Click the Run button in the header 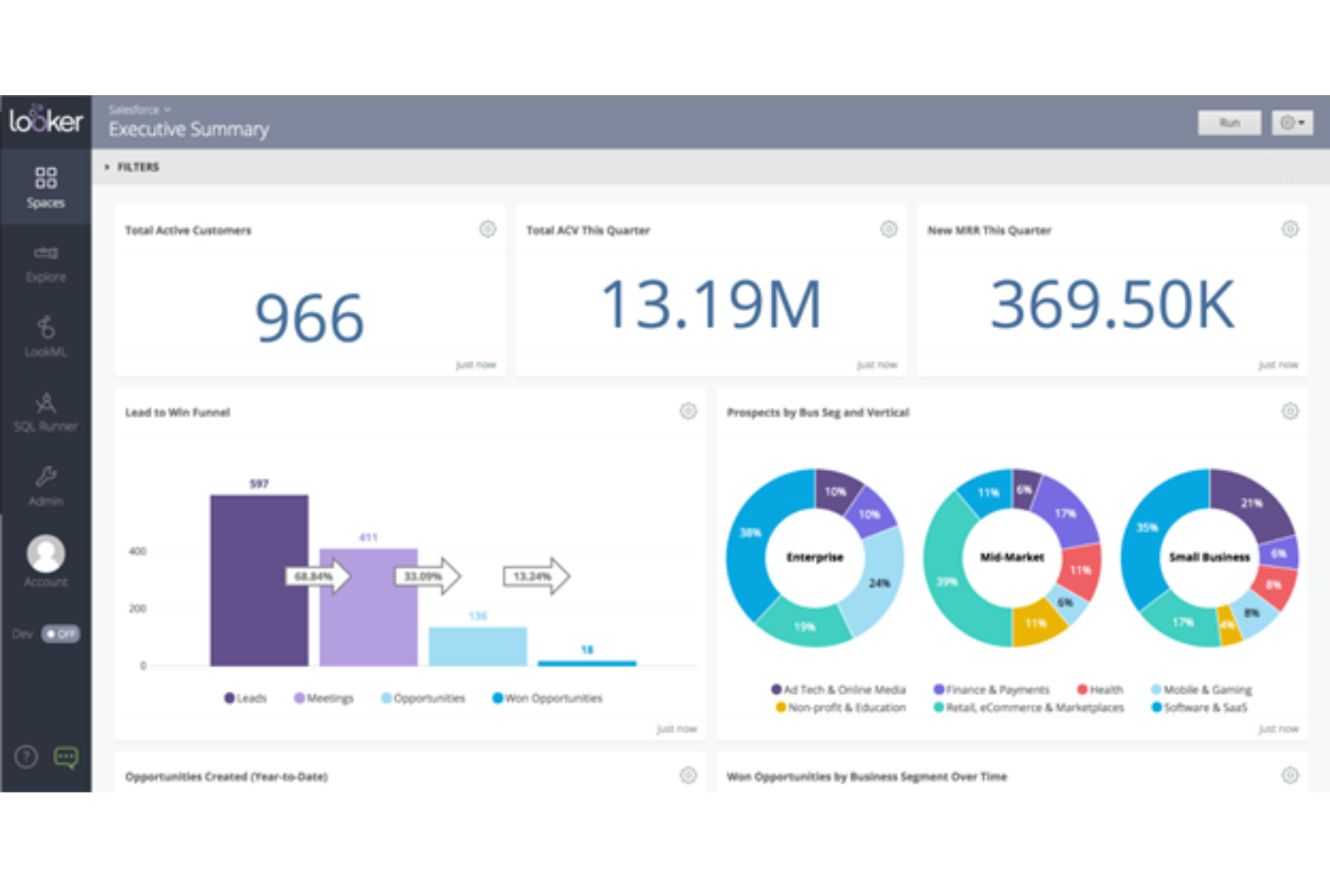pos(1228,122)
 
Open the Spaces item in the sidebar pos(46,187)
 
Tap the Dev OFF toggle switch pos(60,634)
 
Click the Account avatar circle pos(46,554)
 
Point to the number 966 pos(309,318)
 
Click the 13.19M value pos(710,304)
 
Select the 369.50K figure pos(1112,304)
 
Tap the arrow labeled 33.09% pos(427,576)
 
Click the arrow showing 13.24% pos(536,576)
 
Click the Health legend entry pos(1100,689)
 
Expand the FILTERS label pos(137,167)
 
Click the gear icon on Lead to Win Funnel pos(687,412)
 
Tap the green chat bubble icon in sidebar pos(66,758)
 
